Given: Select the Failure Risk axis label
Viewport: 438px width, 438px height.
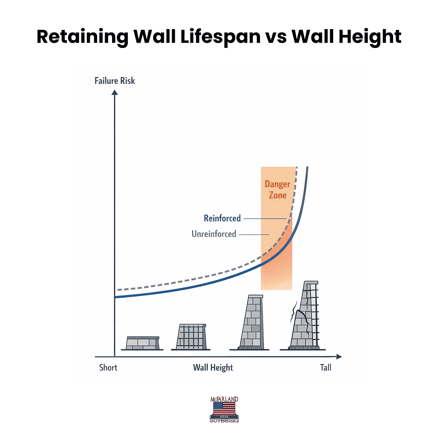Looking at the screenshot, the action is [x=115, y=80].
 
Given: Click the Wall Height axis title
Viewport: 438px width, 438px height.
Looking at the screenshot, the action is [x=213, y=367].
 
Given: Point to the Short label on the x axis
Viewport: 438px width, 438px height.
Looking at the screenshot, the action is [x=108, y=367].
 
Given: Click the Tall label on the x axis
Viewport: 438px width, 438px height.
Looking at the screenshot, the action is [x=326, y=367].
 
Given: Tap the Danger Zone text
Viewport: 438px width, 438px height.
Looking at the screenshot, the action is [x=277, y=189].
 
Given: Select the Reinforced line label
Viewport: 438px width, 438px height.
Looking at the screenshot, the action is [x=222, y=218].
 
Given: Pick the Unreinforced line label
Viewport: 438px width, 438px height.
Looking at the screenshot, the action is [x=214, y=234].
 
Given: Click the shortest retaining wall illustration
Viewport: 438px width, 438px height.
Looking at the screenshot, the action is [x=143, y=343].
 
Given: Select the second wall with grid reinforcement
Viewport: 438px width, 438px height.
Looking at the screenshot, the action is [x=191, y=336].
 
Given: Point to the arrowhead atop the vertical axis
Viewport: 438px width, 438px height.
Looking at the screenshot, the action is [x=115, y=97].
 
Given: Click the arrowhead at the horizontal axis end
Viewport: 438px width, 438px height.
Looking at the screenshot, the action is [x=339, y=356].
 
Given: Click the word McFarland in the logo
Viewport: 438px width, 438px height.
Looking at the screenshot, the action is [x=224, y=399].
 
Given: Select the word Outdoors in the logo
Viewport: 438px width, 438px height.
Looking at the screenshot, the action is [x=224, y=421].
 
